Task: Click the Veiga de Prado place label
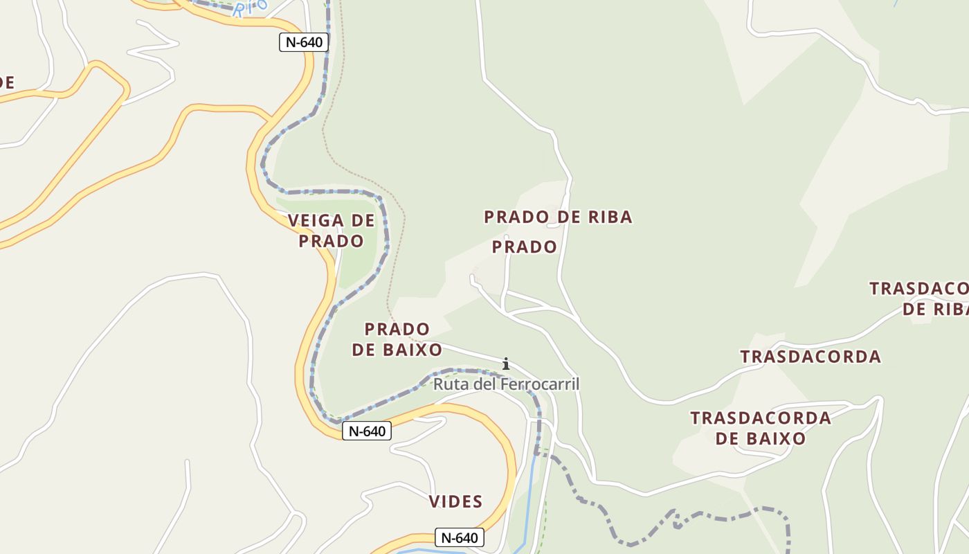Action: tap(331, 231)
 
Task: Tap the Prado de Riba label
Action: tap(558, 217)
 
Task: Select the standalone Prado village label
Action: tap(525, 247)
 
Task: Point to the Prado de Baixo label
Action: tap(397, 339)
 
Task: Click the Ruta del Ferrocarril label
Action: tap(506, 384)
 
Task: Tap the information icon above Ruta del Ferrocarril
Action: tap(506, 364)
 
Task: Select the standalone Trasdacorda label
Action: tap(810, 357)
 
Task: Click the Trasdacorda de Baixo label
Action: tap(761, 428)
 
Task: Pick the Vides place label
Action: tap(455, 501)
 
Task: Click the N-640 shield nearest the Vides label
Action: tap(460, 537)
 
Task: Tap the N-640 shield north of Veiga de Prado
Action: tap(304, 42)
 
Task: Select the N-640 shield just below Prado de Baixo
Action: tap(366, 431)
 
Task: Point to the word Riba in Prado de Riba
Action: tap(610, 217)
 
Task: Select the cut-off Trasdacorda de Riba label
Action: tap(921, 298)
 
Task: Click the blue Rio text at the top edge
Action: tap(250, 8)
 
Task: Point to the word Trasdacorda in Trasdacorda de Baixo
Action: tap(761, 418)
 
